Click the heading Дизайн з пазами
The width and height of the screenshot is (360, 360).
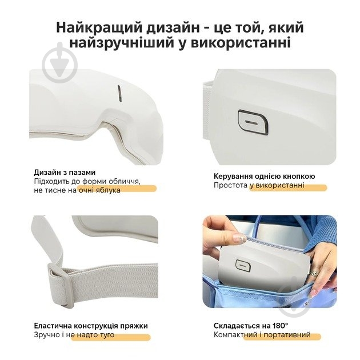click(x=65, y=173)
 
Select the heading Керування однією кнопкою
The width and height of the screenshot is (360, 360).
click(x=264, y=177)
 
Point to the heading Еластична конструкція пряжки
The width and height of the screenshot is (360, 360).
click(x=91, y=326)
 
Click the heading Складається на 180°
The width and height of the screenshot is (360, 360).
click(x=251, y=326)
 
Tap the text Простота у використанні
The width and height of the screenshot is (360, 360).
click(x=259, y=185)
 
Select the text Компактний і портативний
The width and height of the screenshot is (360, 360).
click(x=262, y=335)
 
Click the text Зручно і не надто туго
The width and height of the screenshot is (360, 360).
click(x=74, y=335)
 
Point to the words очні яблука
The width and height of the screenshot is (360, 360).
click(x=99, y=190)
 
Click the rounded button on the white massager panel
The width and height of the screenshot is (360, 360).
click(x=253, y=122)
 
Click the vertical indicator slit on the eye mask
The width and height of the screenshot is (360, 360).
click(x=119, y=94)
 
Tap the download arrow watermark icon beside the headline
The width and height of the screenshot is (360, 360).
click(x=60, y=62)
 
